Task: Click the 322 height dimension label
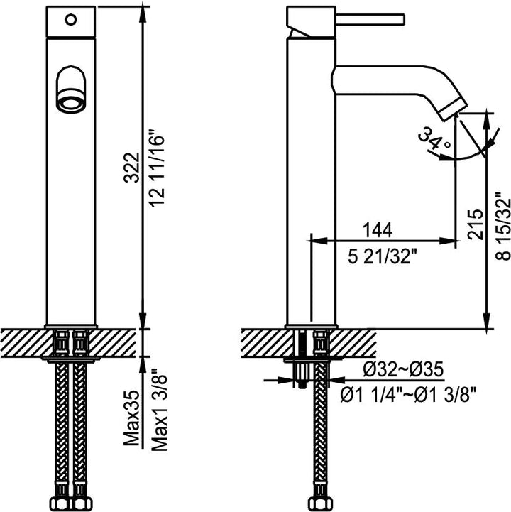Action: coord(131,167)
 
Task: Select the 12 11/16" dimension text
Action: coord(157,168)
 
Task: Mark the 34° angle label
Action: coord(434,139)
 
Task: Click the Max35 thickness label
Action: coord(131,418)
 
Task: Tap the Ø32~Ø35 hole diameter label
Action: coord(403,370)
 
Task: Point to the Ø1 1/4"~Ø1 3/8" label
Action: coord(407,396)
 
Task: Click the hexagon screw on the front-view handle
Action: coord(71,20)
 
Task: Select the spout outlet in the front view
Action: coord(71,102)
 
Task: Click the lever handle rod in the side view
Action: coord(370,19)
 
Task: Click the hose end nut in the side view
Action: coord(320,503)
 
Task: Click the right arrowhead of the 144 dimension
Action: coord(447,241)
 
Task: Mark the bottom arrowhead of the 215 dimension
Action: coord(487,321)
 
